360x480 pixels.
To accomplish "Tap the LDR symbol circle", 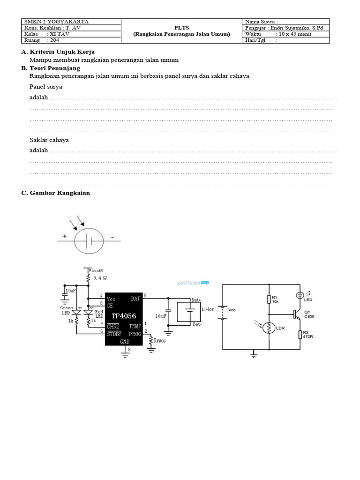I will (x=269, y=327).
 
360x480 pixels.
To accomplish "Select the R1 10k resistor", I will (x=269, y=299).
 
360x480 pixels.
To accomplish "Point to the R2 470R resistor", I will (x=300, y=334).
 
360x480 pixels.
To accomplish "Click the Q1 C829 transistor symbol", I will (x=297, y=314).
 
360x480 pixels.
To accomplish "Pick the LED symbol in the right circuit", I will (x=300, y=295).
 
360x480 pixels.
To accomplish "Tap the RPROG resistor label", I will (x=160, y=341).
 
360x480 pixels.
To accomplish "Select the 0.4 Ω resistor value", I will (x=101, y=278).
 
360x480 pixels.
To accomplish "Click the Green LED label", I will (x=66, y=310).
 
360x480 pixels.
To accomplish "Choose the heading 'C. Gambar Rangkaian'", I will (x=55, y=193).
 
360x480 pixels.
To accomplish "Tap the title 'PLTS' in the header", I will (x=181, y=28).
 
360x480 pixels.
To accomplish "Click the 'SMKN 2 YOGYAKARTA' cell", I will (x=56, y=22).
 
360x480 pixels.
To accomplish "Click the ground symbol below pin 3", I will (x=125, y=355).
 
